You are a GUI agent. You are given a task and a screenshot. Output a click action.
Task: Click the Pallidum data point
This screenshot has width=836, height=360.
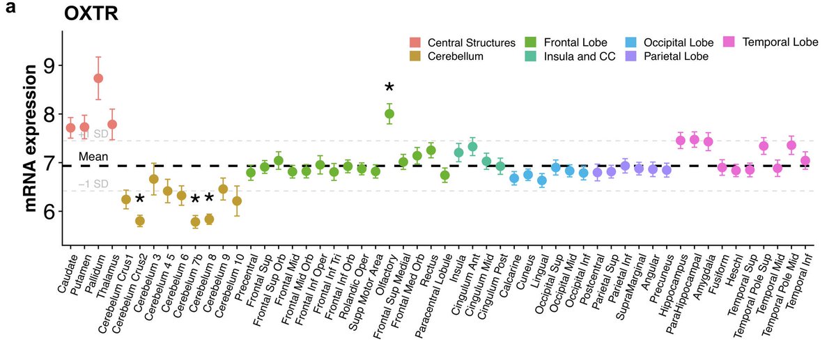[x=98, y=78]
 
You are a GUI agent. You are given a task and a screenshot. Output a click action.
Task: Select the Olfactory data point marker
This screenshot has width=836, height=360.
[x=389, y=114]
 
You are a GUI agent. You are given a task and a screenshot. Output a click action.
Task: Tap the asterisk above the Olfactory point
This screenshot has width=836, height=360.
[x=389, y=88]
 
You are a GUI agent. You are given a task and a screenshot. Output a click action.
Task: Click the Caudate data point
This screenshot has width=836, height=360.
[x=70, y=127]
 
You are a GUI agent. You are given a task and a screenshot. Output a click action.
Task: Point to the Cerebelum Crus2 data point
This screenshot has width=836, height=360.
[x=140, y=221]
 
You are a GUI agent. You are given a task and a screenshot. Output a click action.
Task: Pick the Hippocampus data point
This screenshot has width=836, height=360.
[x=681, y=140]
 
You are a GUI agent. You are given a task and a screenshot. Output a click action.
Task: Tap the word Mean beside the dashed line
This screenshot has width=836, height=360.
[x=93, y=157]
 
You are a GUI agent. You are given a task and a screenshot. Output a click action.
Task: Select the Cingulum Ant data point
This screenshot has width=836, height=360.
[x=472, y=146]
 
